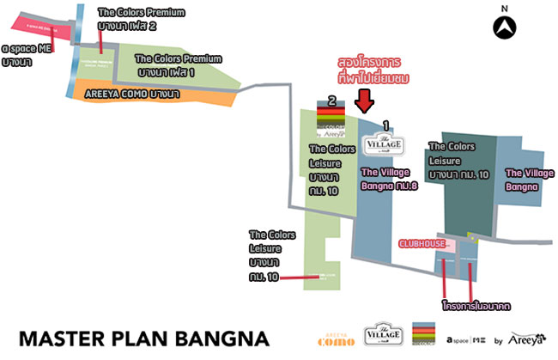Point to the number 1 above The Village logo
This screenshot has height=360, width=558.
coord(385,125)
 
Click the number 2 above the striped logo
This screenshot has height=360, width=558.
coord(331,100)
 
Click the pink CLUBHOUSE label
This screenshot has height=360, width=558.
coord(422,244)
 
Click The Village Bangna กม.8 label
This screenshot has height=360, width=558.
coord(389,178)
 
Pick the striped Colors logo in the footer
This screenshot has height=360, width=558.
coord(425,335)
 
